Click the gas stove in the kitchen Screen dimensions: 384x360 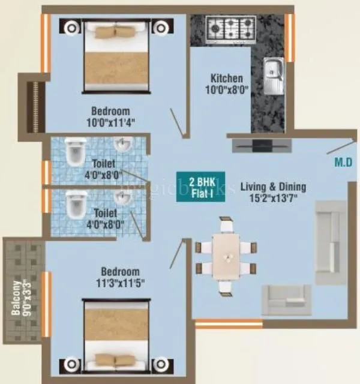(x=230, y=27)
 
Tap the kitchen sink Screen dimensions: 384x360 (x=274, y=76)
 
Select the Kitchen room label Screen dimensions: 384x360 (x=226, y=79)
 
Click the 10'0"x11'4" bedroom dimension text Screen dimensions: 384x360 (x=110, y=122)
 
